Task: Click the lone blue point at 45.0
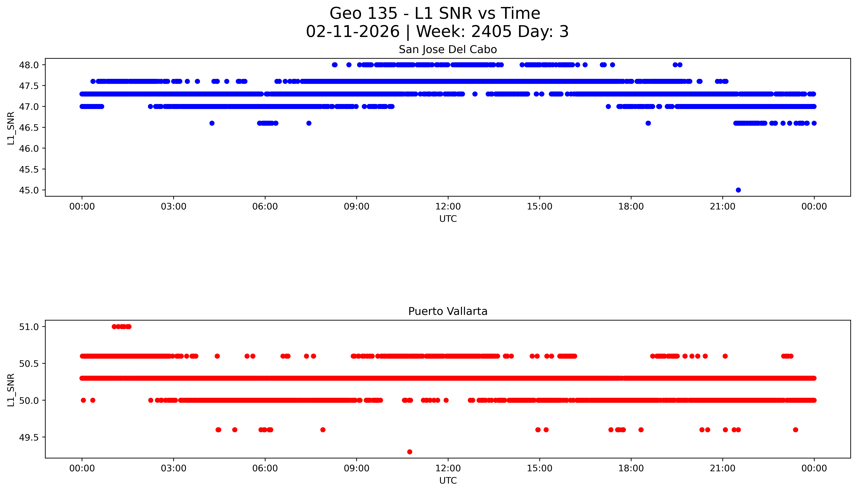[x=738, y=190]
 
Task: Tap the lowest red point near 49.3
[x=410, y=452]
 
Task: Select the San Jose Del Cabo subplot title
[x=448, y=50]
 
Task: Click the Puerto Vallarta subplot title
[x=448, y=311]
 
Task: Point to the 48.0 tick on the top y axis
[x=29, y=65]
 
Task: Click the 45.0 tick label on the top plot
[x=29, y=190]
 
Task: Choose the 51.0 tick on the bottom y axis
[x=29, y=327]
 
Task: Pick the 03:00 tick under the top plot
[x=174, y=207]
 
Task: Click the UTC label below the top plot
[x=448, y=219]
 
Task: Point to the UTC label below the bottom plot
[x=448, y=480]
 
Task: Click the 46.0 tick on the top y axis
[x=29, y=148]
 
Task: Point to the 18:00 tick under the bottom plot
[x=631, y=468]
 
